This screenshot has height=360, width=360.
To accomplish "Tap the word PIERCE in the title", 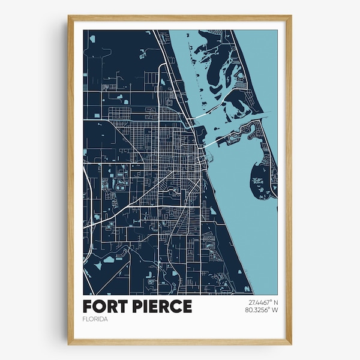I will [x=163, y=306].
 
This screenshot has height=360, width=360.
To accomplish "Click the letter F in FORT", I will [x=89, y=306].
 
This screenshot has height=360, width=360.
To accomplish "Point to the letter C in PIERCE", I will [x=175, y=306].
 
